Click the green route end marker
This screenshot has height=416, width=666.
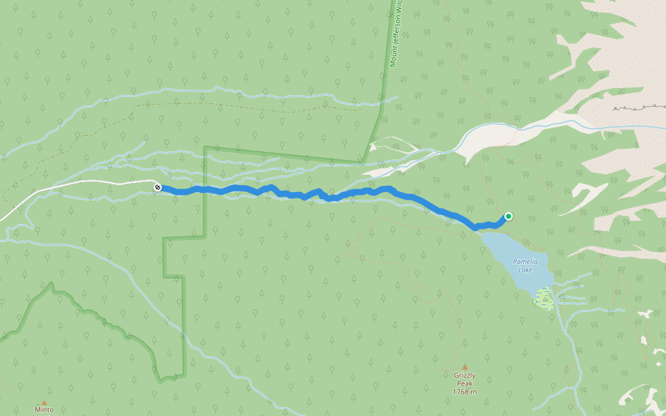point(508,216)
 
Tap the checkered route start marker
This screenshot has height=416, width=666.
point(157,187)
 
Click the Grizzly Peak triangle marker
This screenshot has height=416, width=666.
point(465,367)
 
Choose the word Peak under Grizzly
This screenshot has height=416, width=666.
point(465,383)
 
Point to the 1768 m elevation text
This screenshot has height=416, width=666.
point(465,392)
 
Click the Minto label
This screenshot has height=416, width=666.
point(43,410)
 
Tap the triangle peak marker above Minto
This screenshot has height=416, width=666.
point(43,402)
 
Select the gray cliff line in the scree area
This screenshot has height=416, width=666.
point(635,108)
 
